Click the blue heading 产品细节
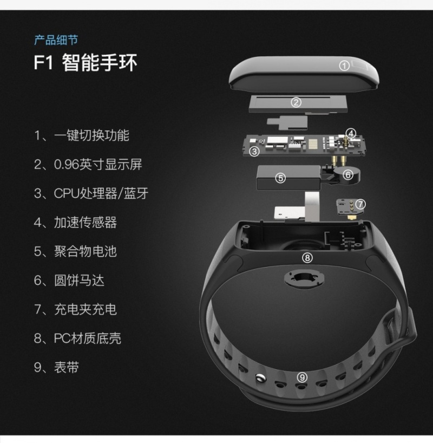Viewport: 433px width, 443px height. point(56,40)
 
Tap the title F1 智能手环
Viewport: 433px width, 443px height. point(86,62)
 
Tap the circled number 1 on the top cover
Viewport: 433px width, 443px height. point(344,66)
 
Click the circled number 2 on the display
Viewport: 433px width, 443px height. point(296,102)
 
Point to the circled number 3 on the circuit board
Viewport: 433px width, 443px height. point(254,152)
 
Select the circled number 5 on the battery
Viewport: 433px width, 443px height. point(281,178)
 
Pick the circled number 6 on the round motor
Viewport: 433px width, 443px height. point(348,175)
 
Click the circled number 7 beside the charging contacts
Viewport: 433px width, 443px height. point(360,204)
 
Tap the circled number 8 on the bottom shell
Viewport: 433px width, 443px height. point(307,258)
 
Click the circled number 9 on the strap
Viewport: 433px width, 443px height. point(302,377)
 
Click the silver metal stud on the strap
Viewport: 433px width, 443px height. point(260,378)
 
